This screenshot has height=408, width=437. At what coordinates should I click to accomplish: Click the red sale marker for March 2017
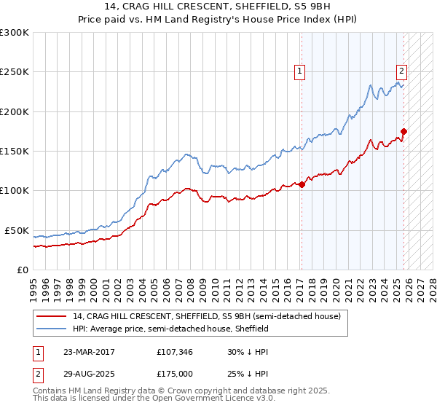[302, 184]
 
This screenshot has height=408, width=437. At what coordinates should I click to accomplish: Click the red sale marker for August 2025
[403, 131]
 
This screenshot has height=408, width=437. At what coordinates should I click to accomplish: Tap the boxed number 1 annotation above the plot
[299, 71]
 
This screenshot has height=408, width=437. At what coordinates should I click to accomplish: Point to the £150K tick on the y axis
[15, 152]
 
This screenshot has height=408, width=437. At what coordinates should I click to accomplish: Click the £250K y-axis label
[15, 72]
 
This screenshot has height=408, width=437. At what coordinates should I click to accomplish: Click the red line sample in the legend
[52, 315]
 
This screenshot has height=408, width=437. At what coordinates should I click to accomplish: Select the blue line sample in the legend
[52, 329]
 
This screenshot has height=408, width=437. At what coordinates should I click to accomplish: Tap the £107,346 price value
[177, 352]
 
